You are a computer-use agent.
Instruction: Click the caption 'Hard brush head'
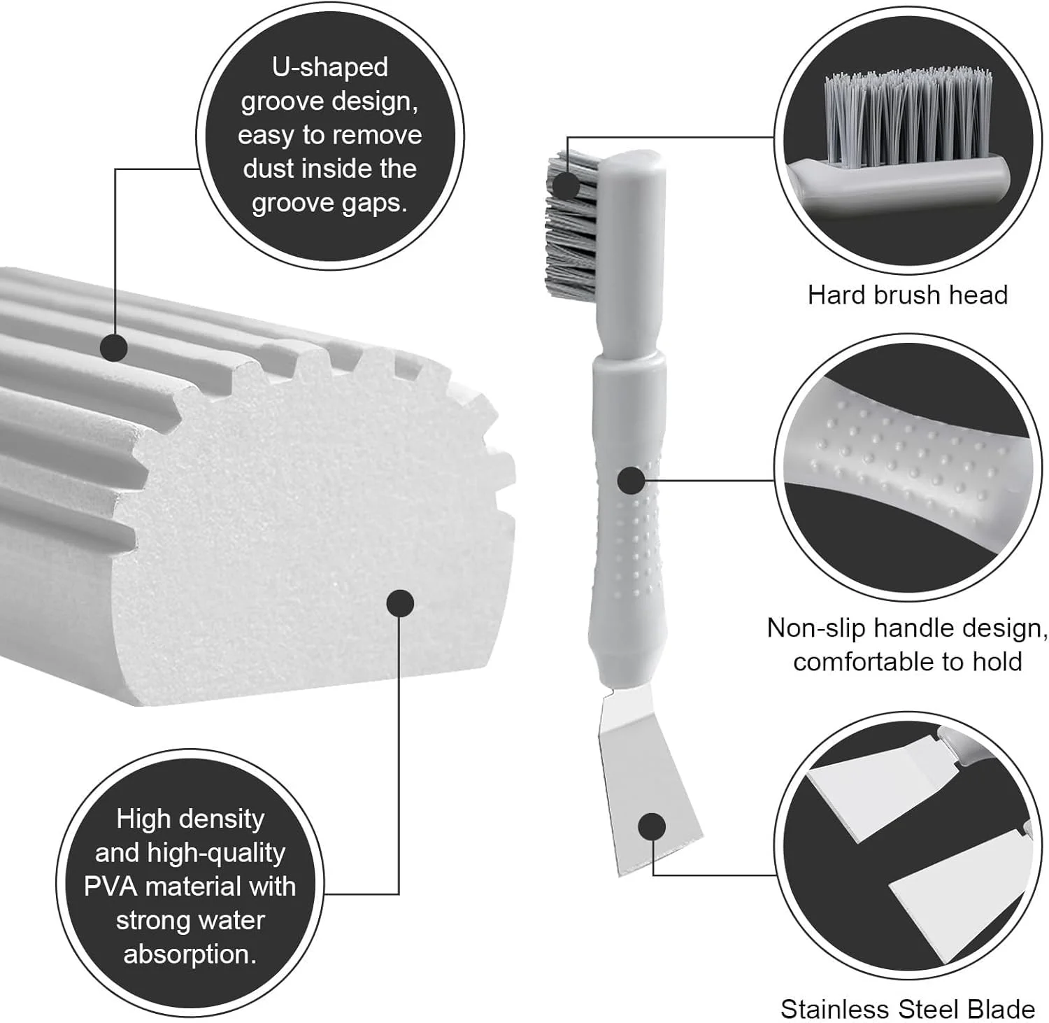(907, 295)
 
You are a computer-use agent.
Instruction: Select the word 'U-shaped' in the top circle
(329, 67)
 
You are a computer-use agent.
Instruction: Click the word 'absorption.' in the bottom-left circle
(190, 954)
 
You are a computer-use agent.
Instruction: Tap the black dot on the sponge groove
(113, 347)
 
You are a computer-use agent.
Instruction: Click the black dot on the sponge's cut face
(400, 603)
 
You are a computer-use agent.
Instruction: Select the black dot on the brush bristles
(566, 185)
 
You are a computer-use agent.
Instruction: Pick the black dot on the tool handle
(631, 481)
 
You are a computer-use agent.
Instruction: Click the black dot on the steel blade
(652, 826)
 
